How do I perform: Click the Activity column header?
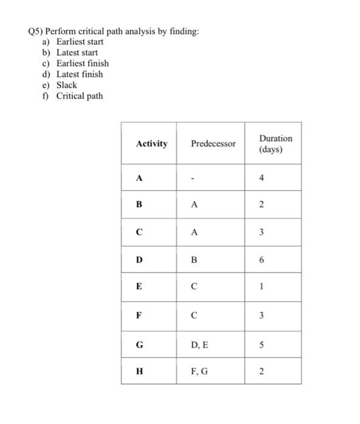pyautogui.click(x=152, y=144)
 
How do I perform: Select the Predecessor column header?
pyautogui.click(x=213, y=144)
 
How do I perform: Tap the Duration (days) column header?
pyautogui.click(x=275, y=144)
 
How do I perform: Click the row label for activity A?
pyautogui.click(x=140, y=178)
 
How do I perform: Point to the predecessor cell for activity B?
pyautogui.click(x=194, y=205)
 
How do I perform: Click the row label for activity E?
pyautogui.click(x=140, y=288)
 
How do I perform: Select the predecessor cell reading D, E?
pyautogui.click(x=199, y=345)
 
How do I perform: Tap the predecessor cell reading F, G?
pyautogui.click(x=199, y=371)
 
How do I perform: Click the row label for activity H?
pyautogui.click(x=140, y=371)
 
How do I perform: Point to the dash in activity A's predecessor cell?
pyautogui.click(x=193, y=179)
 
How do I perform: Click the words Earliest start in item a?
pyautogui.click(x=80, y=42)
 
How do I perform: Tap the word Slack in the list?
pyautogui.click(x=67, y=85)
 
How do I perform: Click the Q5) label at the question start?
pyautogui.click(x=38, y=31)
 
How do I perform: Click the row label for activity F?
pyautogui.click(x=140, y=315)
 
